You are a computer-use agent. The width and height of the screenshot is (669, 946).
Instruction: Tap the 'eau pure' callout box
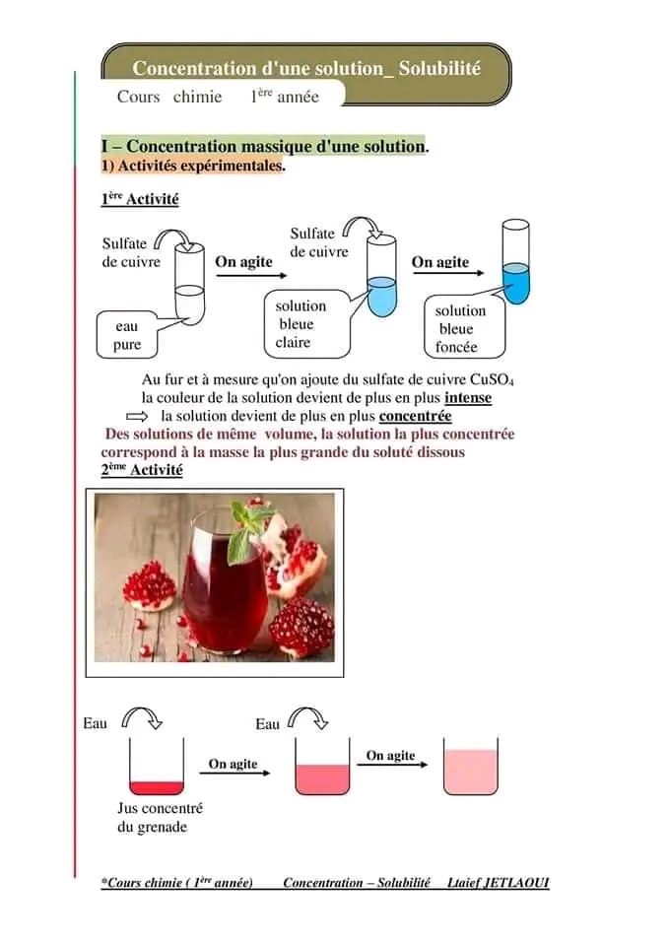(x=127, y=335)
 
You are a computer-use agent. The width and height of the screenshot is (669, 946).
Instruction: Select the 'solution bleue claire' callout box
(x=306, y=324)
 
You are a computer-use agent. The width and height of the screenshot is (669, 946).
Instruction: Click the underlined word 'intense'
(x=468, y=398)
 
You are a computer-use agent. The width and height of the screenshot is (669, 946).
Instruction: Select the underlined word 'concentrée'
(x=415, y=416)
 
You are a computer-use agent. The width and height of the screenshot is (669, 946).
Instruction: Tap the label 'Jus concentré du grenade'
(x=159, y=817)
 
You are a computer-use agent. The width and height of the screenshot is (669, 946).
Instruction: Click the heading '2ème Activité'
(x=142, y=470)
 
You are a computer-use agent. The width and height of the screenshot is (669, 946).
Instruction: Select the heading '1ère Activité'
(x=140, y=199)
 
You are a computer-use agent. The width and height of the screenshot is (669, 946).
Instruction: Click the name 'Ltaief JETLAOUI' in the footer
(x=498, y=883)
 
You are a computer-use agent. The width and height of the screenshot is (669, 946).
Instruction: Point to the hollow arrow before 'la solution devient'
(x=136, y=417)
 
